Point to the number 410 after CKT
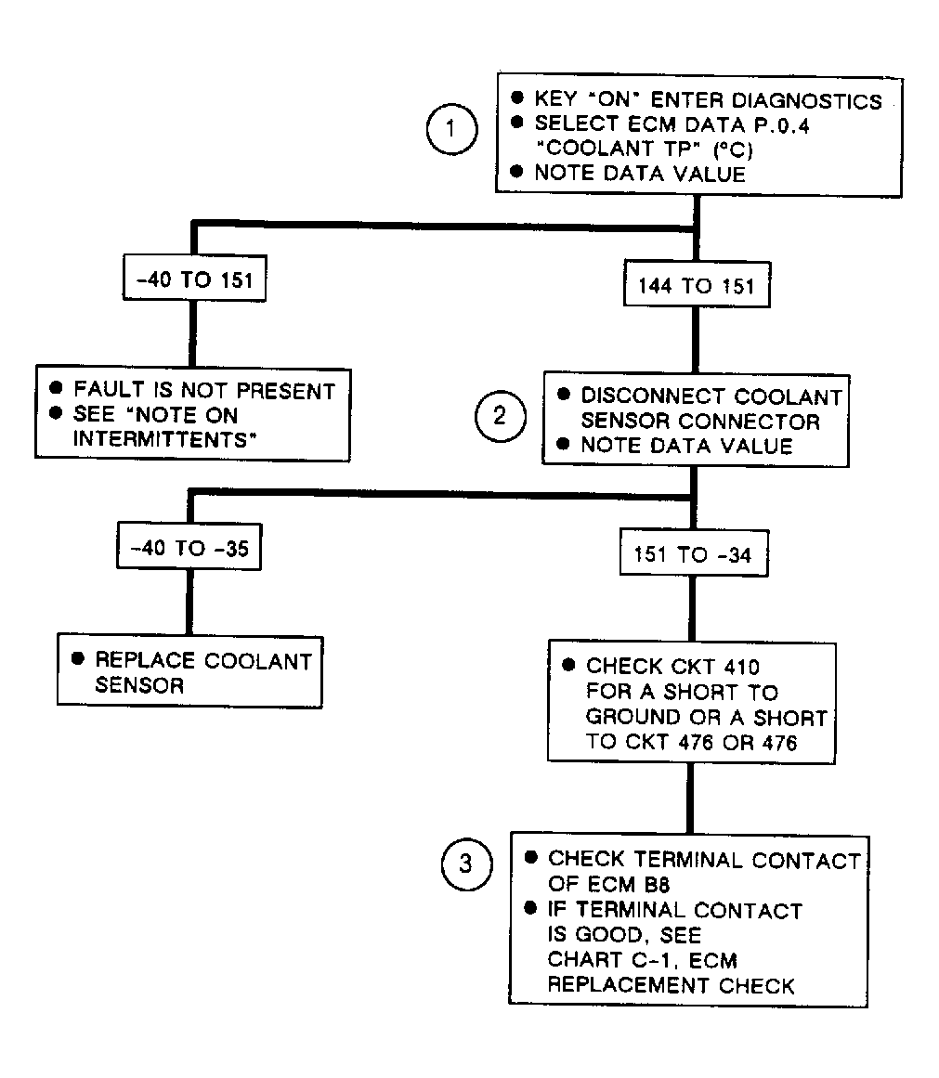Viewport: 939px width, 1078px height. click(740, 667)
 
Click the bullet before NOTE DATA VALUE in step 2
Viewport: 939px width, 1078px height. click(564, 444)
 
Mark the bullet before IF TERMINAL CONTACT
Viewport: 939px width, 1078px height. click(530, 908)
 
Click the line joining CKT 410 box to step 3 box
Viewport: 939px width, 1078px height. click(690, 799)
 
